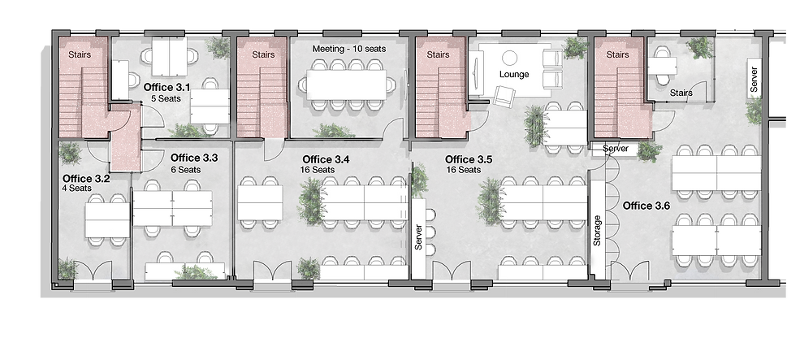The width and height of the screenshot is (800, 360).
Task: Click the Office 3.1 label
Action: pyautogui.click(x=166, y=87)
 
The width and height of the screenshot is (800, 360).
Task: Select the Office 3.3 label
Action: pyautogui.click(x=194, y=158)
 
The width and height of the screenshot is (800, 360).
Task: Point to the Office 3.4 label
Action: pyautogui.click(x=326, y=159)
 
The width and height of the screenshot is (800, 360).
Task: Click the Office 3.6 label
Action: pyautogui.click(x=646, y=206)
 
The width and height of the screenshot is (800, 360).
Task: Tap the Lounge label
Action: pyautogui.click(x=513, y=75)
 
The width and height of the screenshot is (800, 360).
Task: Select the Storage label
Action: pyautogui.click(x=598, y=230)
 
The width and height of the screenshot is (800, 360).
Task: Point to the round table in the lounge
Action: pyautogui.click(x=511, y=57)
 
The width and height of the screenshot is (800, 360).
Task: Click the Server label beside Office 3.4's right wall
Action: pyautogui.click(x=418, y=236)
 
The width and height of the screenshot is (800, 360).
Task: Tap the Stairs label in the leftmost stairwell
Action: pyautogui.click(x=79, y=55)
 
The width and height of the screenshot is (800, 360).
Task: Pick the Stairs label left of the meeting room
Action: pyautogui.click(x=263, y=55)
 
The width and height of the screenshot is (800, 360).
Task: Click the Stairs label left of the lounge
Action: pyautogui.click(x=438, y=55)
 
